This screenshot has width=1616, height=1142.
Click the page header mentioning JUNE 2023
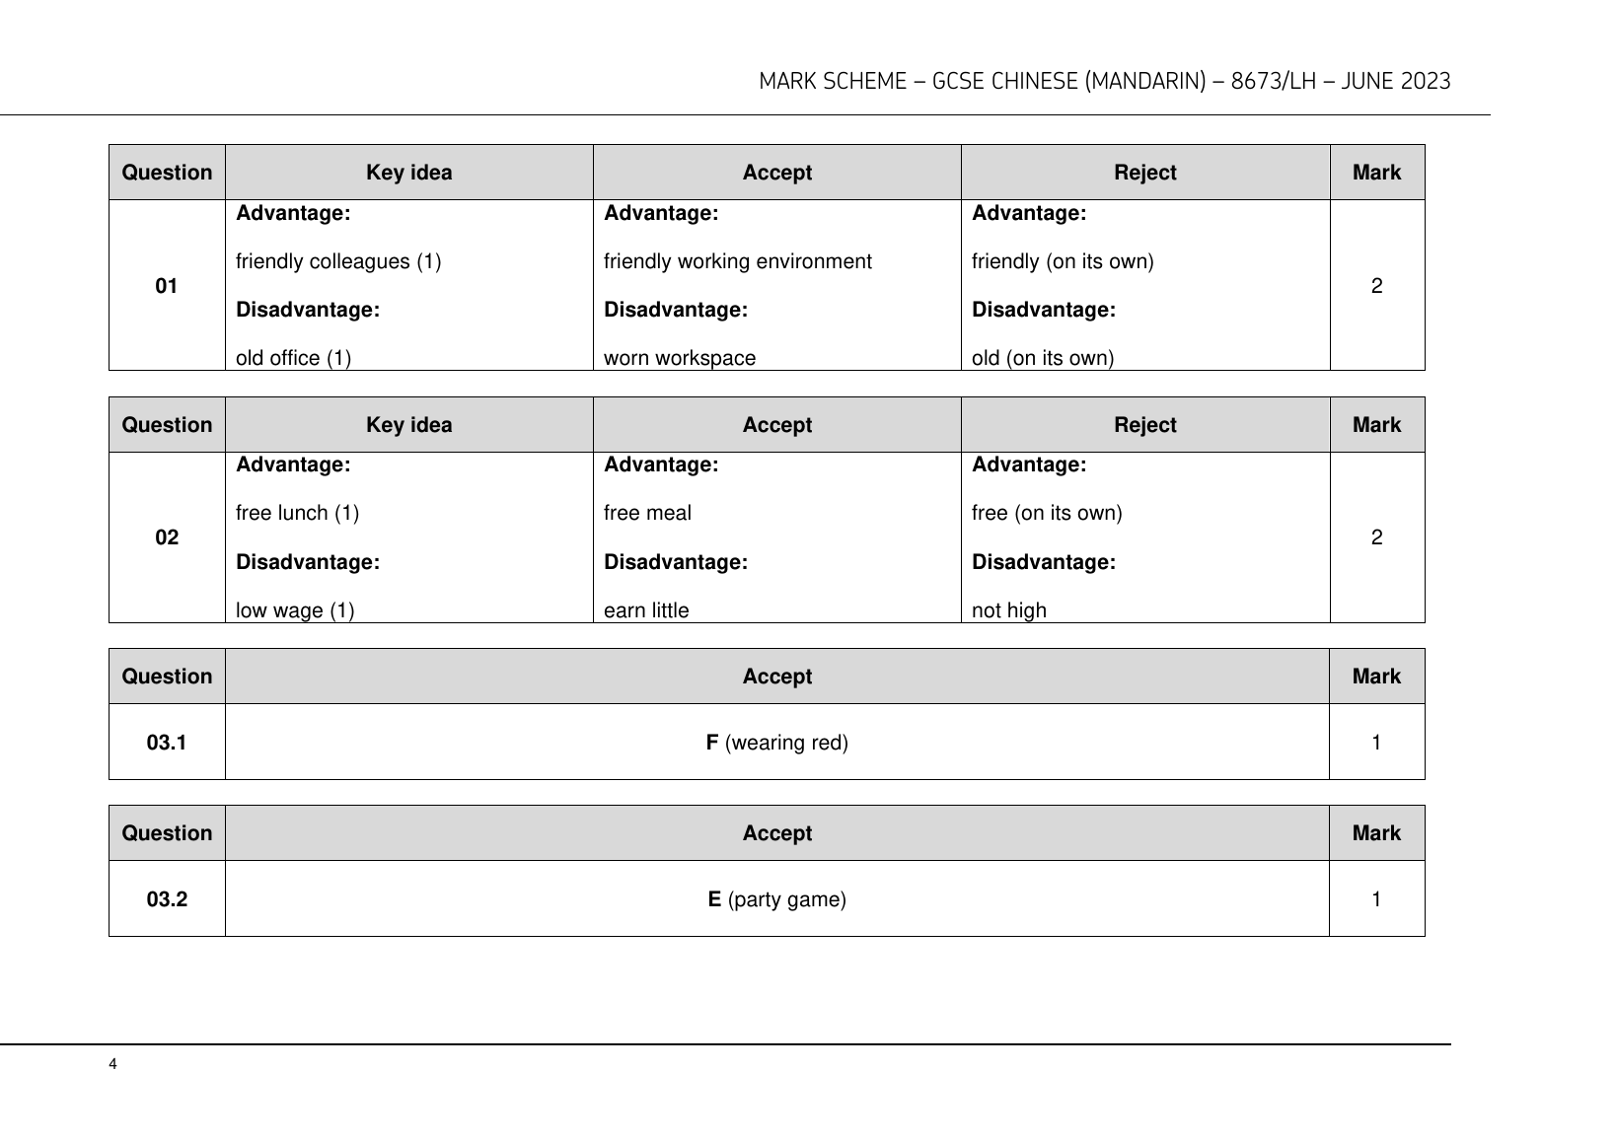pos(1104,82)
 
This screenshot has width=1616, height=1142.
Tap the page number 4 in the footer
pos(112,1064)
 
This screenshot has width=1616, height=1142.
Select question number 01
pos(167,286)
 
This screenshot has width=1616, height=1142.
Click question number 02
pos(167,537)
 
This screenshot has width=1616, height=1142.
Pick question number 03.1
pos(167,743)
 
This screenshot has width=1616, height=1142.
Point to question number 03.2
pos(167,899)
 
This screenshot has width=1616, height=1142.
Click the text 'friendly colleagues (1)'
pos(338,261)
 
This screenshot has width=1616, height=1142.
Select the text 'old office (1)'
pos(293,358)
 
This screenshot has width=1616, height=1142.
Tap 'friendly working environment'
pos(737,261)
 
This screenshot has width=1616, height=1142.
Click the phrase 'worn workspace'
pos(679,358)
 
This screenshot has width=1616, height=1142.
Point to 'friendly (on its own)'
pos(1062,261)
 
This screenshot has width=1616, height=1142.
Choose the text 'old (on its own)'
pos(1042,358)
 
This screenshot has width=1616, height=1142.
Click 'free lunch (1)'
pos(297,513)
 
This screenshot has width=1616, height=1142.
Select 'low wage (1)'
pos(294,610)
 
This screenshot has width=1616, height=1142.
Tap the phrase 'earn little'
pos(646,610)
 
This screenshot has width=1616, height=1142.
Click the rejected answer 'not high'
pos(1008,610)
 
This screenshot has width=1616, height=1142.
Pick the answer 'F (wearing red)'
pos(776,743)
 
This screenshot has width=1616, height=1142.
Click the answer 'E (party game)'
pos(776,899)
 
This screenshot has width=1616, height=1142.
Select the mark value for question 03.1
pos(1376,743)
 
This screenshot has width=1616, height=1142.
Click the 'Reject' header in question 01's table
pos(1144,173)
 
